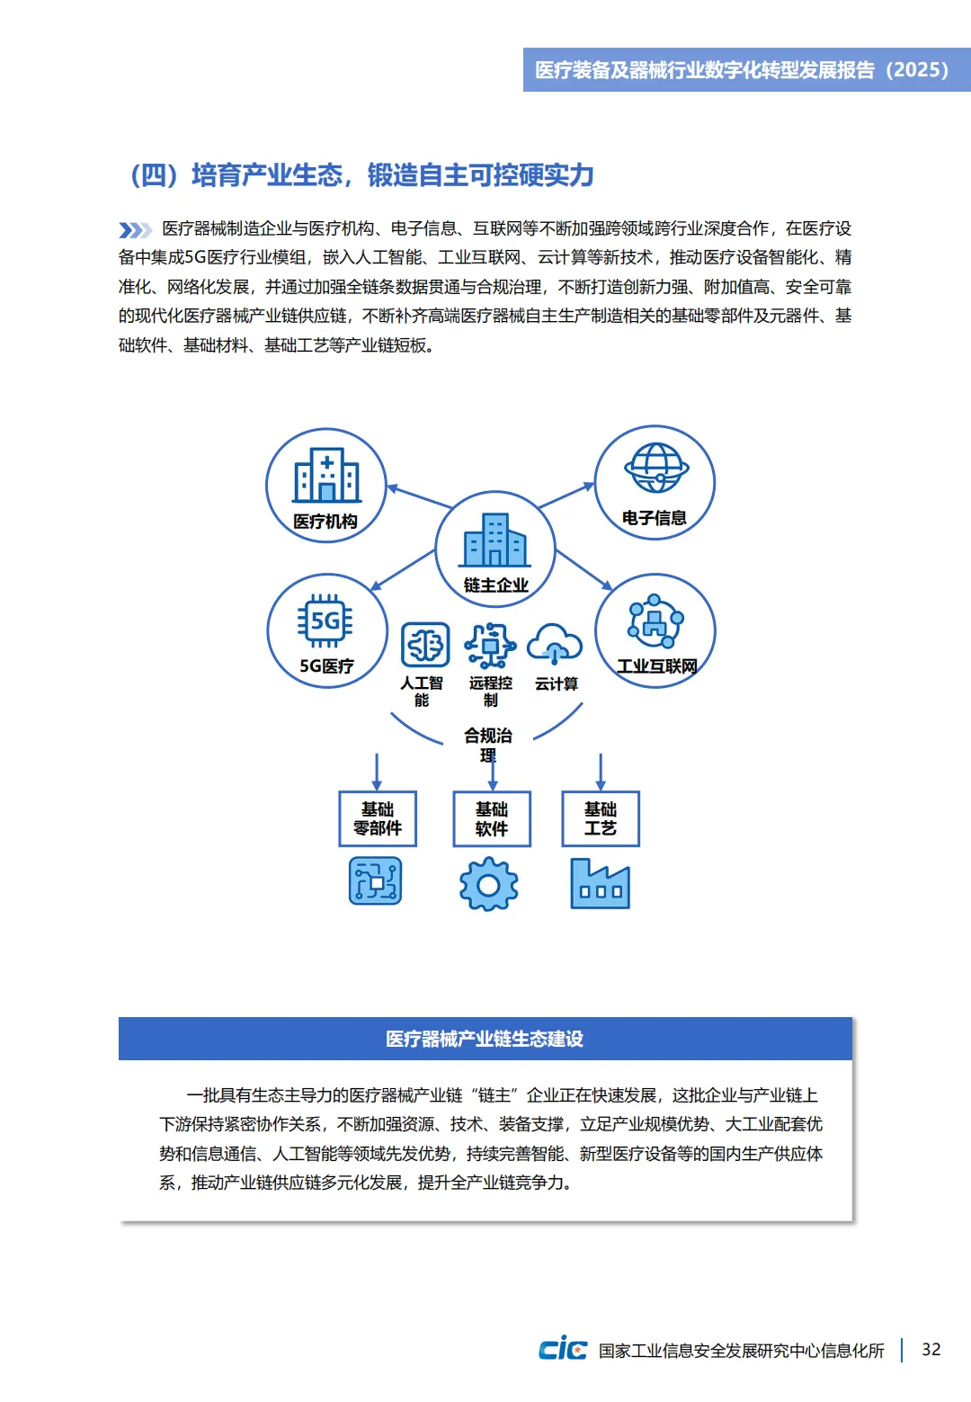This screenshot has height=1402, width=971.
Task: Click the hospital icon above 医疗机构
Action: click(x=326, y=476)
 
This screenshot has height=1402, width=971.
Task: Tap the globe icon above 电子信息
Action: click(x=655, y=468)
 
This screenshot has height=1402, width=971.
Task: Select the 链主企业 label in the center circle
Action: click(x=495, y=585)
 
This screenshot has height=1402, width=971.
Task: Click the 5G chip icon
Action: click(x=325, y=621)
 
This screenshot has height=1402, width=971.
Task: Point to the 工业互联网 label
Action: click(x=656, y=666)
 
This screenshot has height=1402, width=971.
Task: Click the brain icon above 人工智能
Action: click(x=424, y=644)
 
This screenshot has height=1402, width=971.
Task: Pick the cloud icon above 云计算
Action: click(x=555, y=644)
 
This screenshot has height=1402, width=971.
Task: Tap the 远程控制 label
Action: click(x=490, y=692)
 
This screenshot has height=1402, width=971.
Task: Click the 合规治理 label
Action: click(x=488, y=745)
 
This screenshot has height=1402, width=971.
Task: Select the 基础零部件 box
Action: click(x=378, y=818)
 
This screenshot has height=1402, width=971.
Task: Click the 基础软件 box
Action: click(x=492, y=818)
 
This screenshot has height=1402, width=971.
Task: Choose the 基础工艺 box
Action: click(x=601, y=818)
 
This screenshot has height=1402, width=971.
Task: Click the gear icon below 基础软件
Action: click(x=488, y=884)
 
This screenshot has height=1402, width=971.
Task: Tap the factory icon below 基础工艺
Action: click(x=600, y=883)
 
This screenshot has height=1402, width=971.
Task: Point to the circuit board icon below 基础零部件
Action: click(x=375, y=881)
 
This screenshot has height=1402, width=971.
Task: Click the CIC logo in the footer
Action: click(x=563, y=1349)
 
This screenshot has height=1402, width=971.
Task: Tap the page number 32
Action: click(x=931, y=1349)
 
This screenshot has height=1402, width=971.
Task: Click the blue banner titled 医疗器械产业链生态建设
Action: click(x=485, y=1039)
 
